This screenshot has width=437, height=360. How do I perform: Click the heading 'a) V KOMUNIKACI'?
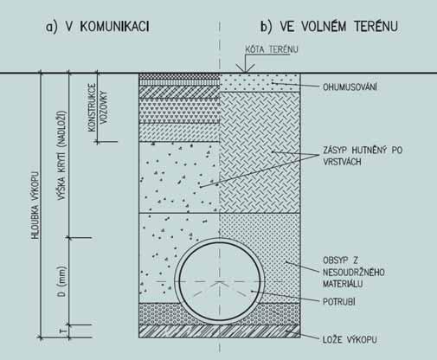click(98, 27)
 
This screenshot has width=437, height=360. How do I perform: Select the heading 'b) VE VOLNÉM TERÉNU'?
click(329, 26)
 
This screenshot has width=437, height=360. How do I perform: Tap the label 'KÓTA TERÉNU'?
click(272, 49)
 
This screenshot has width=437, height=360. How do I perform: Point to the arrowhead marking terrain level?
click(245, 68)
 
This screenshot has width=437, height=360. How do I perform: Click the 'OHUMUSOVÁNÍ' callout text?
click(350, 87)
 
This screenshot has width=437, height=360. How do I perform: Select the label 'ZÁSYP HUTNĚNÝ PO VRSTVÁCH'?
click(363, 156)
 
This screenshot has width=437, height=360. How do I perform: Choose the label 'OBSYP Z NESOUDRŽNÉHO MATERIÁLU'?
click(353, 272)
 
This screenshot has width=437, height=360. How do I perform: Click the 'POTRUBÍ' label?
click(338, 301)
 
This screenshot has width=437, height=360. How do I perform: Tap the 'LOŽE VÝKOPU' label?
click(350, 339)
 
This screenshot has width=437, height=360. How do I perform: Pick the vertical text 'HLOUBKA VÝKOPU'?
click(35, 205)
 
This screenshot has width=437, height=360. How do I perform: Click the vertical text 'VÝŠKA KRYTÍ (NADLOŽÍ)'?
click(62, 155)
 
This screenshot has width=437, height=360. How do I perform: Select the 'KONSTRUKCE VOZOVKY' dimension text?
click(98, 107)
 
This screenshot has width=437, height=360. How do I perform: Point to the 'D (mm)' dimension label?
click(62, 281)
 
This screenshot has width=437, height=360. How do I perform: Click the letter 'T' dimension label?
click(63, 331)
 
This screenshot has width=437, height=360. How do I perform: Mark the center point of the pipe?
click(220, 281)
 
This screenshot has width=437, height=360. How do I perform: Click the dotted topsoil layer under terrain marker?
click(260, 82)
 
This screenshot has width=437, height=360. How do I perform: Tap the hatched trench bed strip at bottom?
click(220, 331)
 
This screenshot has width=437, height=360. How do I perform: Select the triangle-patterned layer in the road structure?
click(179, 111)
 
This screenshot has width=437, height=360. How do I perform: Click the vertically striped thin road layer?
click(179, 82)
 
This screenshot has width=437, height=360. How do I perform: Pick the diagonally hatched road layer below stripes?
click(179, 92)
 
